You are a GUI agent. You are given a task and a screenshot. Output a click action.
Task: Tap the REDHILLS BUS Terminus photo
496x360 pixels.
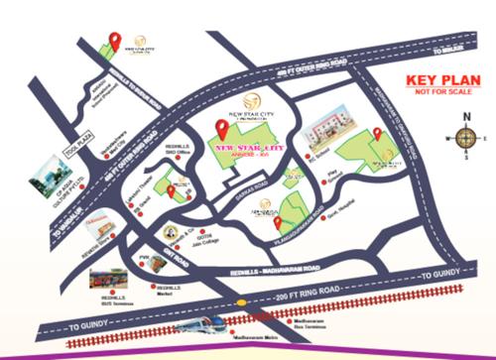click(106, 279)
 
